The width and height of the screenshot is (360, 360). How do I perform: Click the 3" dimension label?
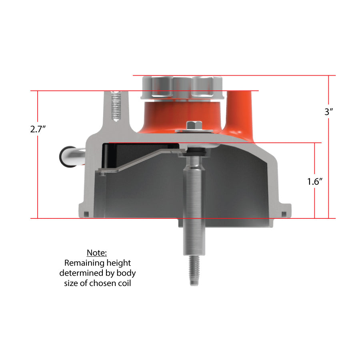pyautogui.click(x=328, y=112)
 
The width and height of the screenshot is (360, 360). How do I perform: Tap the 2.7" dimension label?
pyautogui.click(x=38, y=129)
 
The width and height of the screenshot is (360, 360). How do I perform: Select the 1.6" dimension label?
pyautogui.click(x=315, y=182)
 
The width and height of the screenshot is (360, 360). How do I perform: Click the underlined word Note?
pyautogui.click(x=97, y=253)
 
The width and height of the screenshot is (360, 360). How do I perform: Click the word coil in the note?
pyautogui.click(x=124, y=283)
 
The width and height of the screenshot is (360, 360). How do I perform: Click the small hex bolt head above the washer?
pyautogui.click(x=194, y=125)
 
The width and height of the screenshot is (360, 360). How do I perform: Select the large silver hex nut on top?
pyautogui.click(x=182, y=88)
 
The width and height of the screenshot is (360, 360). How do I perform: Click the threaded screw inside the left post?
pyautogui.click(x=116, y=106)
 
